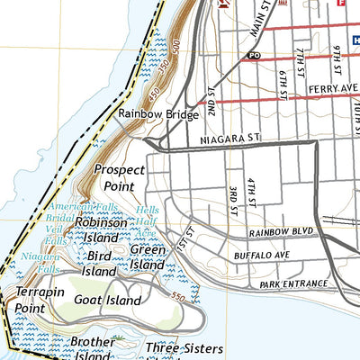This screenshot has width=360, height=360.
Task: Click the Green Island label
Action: pyautogui.click(x=147, y=257)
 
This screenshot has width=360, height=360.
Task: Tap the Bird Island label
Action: pyautogui.click(x=99, y=263)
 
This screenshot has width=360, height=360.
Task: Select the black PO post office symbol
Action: pyautogui.click(x=254, y=55)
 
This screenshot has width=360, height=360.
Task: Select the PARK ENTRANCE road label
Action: pyautogui.click(x=291, y=284)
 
